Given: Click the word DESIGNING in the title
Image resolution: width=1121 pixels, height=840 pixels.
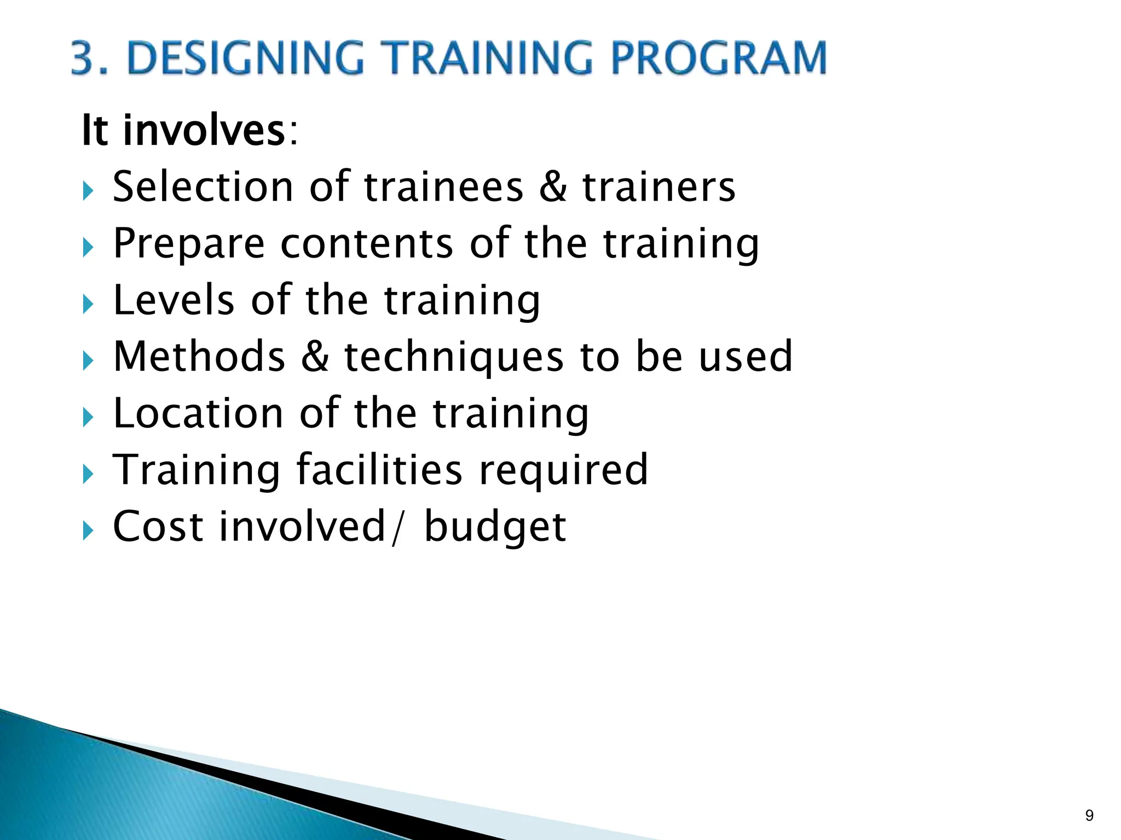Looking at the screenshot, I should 245,58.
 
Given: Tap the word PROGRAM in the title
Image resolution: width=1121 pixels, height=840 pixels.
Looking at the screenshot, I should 718,58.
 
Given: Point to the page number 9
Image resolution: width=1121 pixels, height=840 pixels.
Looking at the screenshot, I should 1089,815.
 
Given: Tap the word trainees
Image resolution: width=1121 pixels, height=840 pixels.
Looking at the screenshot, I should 443,187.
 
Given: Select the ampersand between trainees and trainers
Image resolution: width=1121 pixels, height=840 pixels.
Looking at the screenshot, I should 553,187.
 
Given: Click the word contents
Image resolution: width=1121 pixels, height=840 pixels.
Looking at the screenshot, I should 367,244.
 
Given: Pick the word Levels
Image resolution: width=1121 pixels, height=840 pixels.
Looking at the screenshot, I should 174,300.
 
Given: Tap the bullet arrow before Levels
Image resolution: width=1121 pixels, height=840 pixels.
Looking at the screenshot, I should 88,305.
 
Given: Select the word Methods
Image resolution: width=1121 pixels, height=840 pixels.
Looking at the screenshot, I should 199,357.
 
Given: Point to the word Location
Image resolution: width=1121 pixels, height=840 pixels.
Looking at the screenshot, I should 198,413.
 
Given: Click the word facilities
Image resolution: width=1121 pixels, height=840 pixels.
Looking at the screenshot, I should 380,470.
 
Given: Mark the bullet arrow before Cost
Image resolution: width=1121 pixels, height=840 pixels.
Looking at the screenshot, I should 88,530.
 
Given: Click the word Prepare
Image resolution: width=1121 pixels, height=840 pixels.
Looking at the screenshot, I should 189,244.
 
